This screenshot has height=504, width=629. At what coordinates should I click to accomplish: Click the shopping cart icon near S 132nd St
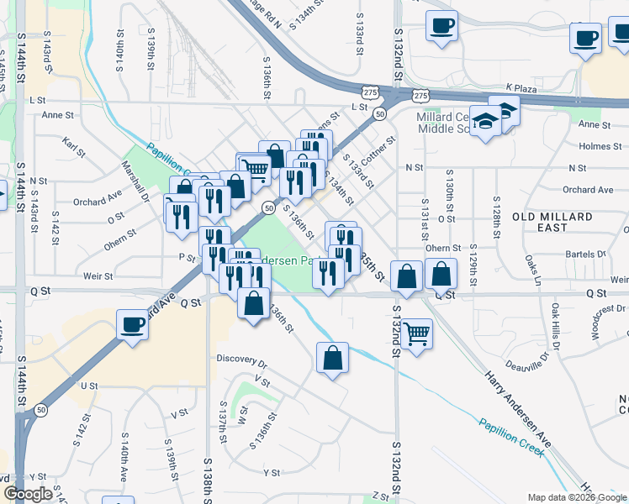tap(417, 333)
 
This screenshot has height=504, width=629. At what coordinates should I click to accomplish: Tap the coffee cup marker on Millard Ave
tap(132, 324)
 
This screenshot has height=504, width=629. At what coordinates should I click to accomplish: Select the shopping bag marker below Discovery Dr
tap(333, 358)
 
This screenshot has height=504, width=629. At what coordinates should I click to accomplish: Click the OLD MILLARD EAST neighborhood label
tap(558, 222)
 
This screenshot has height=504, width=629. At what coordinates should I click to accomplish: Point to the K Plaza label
tap(521, 87)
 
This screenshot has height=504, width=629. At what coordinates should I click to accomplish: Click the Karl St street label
tap(74, 148)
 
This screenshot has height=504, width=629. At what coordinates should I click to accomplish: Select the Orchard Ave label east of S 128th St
tap(588, 190)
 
